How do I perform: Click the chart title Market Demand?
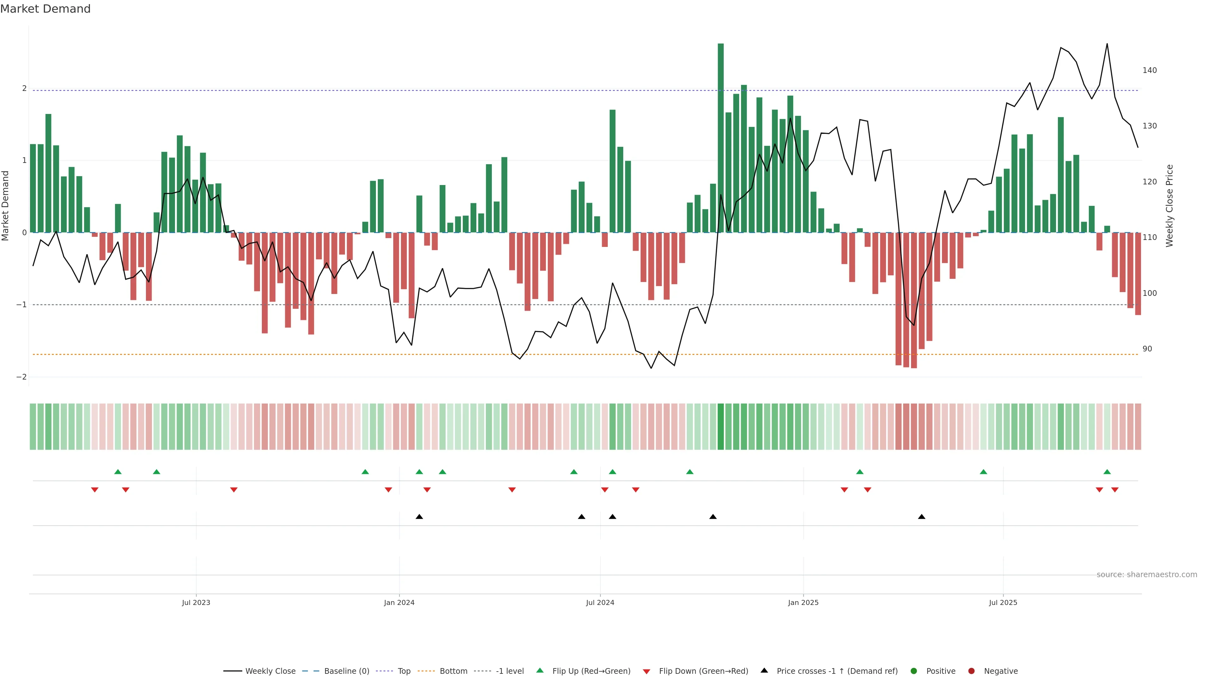(45, 9)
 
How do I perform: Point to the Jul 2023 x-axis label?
(196, 602)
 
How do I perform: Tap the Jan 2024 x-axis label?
(399, 602)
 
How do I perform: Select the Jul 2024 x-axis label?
(600, 602)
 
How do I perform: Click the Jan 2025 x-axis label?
(803, 602)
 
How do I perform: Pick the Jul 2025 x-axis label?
(1003, 602)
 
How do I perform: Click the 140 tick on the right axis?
(1150, 70)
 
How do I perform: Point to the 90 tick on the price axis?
(1147, 349)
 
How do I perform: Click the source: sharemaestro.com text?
(1147, 575)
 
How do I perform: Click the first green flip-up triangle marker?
(118, 472)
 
